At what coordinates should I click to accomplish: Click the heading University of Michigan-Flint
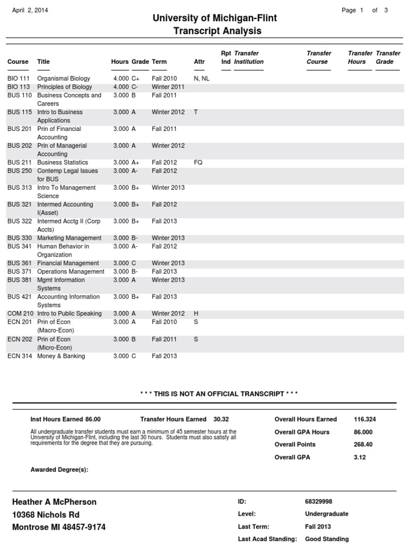tap(215, 18)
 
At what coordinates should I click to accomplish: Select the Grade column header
tap(140, 62)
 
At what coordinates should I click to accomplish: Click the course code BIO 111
tap(19, 78)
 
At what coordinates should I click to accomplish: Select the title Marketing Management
tap(69, 238)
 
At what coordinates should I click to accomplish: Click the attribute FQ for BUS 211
tap(198, 162)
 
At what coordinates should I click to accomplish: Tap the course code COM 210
tap(21, 314)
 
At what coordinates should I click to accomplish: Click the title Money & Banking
tap(61, 356)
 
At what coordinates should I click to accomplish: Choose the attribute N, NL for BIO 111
tap(201, 78)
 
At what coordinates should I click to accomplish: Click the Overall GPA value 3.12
tap(360, 457)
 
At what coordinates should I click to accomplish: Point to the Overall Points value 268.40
tap(363, 444)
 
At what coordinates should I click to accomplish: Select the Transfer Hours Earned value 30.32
tap(221, 419)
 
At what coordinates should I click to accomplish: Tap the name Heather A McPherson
tap(54, 502)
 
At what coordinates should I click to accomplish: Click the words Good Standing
tap(327, 539)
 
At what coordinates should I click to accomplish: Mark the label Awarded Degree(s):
tap(59, 470)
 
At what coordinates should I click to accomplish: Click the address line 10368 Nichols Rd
tap(46, 515)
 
